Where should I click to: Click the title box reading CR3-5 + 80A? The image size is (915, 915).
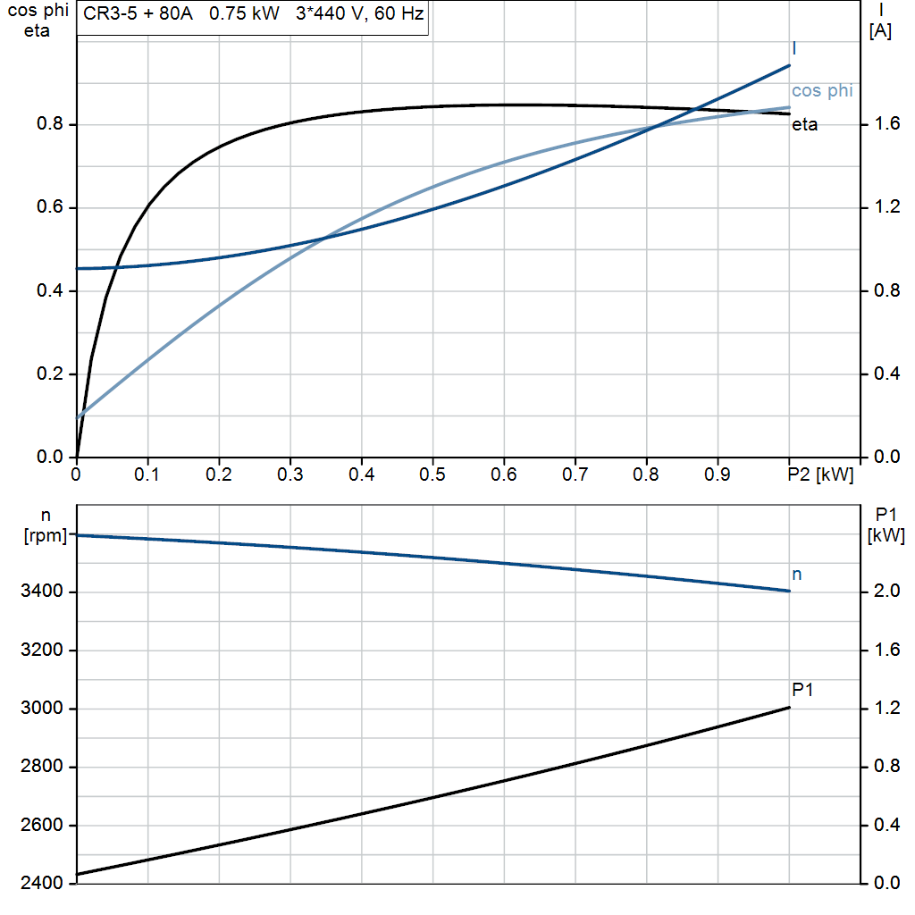tap(253, 16)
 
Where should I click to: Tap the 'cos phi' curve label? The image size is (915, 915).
tap(821, 91)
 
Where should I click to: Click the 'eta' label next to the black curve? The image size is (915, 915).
tap(804, 125)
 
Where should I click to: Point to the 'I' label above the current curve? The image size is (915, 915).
tap(794, 48)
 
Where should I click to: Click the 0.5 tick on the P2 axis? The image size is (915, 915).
tap(432, 475)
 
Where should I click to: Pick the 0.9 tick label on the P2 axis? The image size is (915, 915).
tap(718, 475)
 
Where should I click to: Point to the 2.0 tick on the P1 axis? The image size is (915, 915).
tap(886, 592)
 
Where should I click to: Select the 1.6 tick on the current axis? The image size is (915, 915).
tap(886, 124)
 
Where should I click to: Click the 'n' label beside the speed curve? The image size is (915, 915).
tap(797, 575)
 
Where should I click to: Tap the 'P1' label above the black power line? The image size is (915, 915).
tap(802, 690)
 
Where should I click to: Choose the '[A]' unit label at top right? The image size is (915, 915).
tap(880, 31)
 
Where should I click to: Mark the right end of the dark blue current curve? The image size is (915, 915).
tap(790, 65)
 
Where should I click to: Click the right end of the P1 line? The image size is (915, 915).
tap(790, 708)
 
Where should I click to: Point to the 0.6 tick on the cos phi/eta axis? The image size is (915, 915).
tap(48, 208)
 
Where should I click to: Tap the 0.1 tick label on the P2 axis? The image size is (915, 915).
tap(147, 475)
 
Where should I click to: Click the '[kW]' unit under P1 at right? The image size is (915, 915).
tap(886, 537)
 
